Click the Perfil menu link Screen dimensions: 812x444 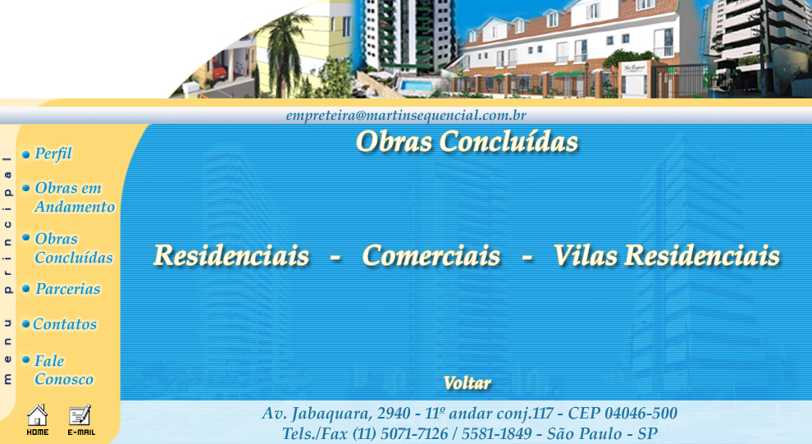tap(52, 153)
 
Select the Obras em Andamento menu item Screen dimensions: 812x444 tap(75, 198)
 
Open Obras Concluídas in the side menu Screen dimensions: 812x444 tap(74, 248)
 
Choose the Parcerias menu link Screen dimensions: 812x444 tap(67, 289)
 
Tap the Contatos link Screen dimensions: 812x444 tap(65, 324)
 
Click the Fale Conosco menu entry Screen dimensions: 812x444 tap(64, 370)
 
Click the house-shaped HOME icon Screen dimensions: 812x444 tap(37, 419)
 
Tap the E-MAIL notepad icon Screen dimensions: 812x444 tap(80, 419)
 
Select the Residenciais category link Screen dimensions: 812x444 tap(231, 255)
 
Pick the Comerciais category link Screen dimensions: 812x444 tap(431, 255)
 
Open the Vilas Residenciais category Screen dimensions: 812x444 tap(667, 255)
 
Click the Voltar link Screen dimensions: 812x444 tap(468, 383)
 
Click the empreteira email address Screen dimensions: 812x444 tap(406, 115)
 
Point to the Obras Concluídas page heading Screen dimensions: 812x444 tap(467, 141)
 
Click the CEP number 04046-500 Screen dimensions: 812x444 tap(641, 414)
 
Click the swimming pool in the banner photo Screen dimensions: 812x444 tap(417, 85)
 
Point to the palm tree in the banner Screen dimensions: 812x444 tap(284, 52)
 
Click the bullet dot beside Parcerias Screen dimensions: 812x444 tap(26, 289)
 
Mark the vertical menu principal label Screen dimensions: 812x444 tap(7, 270)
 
